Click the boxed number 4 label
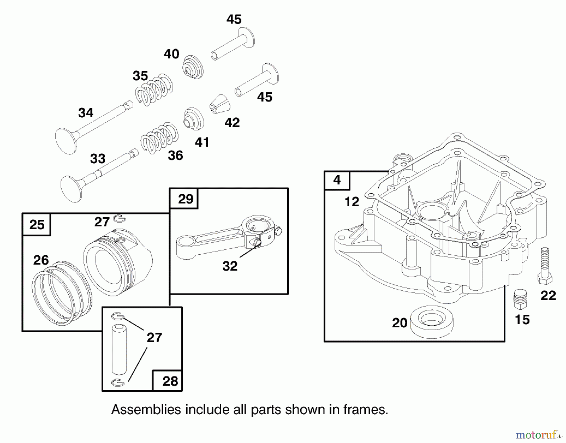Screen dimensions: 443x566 point(337,180)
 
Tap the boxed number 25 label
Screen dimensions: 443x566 point(36,224)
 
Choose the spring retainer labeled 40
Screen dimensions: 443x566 point(193,67)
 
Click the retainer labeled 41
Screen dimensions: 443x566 point(193,119)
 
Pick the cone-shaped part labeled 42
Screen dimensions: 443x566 point(220,104)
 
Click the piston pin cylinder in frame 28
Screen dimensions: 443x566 point(119,350)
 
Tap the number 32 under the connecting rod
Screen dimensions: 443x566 point(230,266)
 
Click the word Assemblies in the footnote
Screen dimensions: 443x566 point(146,410)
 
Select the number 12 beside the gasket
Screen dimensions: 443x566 point(352,202)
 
